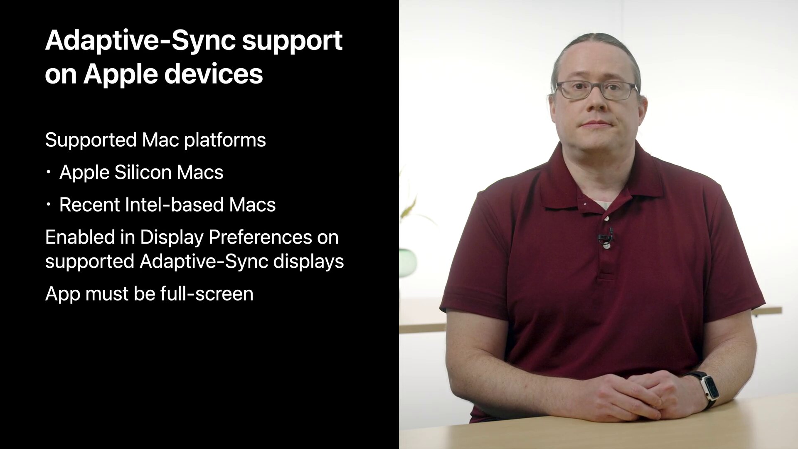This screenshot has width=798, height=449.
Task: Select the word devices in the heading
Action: pos(214,74)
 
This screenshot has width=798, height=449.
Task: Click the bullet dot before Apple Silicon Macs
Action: pos(49,172)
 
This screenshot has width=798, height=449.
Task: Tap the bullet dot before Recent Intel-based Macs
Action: pos(49,205)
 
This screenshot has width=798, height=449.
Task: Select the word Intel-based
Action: pos(174,205)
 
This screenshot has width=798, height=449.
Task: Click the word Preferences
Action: pos(260,237)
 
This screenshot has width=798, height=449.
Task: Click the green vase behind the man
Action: pos(407,262)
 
